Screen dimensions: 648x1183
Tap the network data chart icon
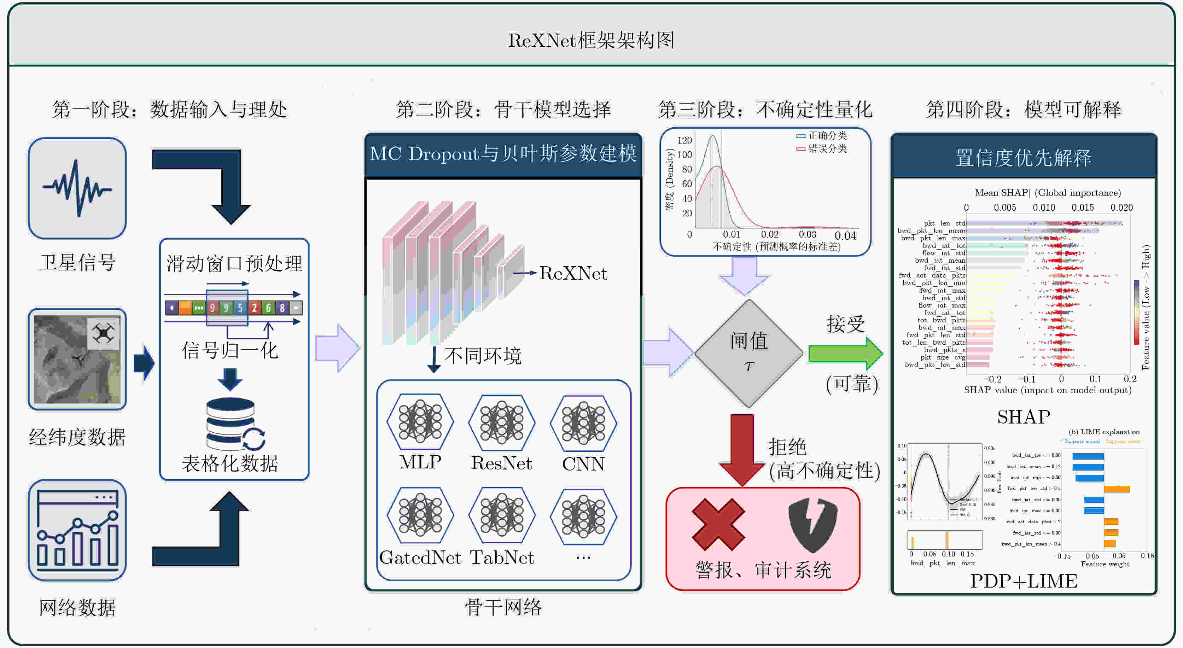coord(77,530)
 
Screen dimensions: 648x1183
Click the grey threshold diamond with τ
coord(748,353)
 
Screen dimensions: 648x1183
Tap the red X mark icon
coord(718,525)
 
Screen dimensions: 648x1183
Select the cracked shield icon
coord(812,525)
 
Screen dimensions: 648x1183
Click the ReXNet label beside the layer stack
coord(573,273)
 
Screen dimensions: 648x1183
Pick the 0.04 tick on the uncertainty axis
coord(845,236)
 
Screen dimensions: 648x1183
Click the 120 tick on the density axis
coord(684,140)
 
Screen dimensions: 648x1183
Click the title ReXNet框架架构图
coord(591,40)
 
